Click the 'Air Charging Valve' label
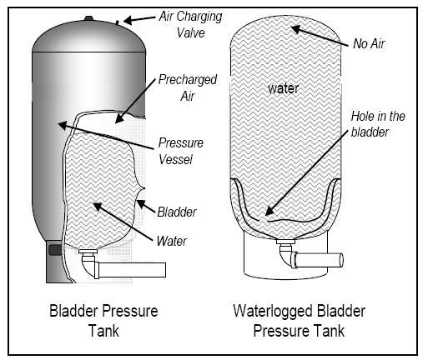click(x=190, y=24)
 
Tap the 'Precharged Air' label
click(x=188, y=87)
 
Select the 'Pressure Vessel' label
click(x=181, y=152)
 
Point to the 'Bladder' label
click(x=177, y=212)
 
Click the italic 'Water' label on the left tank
click(x=172, y=241)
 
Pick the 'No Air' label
click(x=369, y=43)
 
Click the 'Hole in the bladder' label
click(x=378, y=124)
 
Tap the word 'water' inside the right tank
click(x=284, y=88)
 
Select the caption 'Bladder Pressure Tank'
click(x=103, y=321)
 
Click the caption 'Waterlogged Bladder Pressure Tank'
click(x=299, y=321)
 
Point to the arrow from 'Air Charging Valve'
click(x=139, y=19)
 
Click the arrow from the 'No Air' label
click(x=320, y=36)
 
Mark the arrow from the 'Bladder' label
click(x=146, y=206)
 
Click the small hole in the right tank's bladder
click(x=263, y=221)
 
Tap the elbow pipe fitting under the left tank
click(x=89, y=264)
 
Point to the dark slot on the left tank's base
click(x=55, y=250)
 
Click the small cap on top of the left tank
click(x=89, y=18)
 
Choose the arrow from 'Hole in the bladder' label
click(x=306, y=172)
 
